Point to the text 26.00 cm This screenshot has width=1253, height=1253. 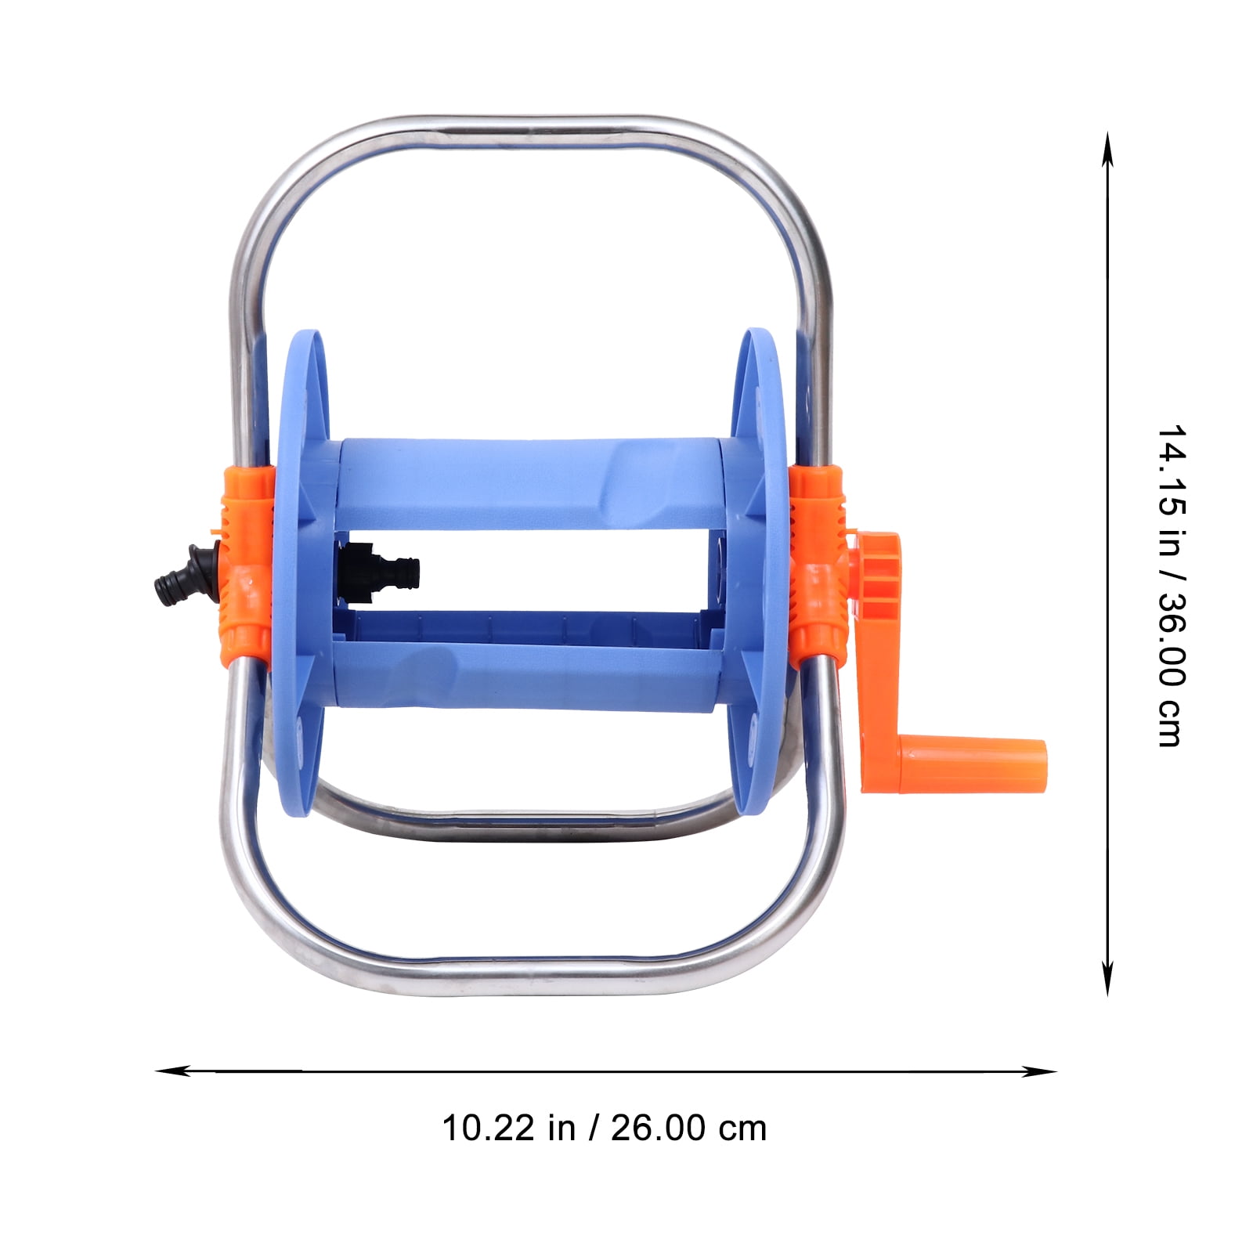pos(689,1128)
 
